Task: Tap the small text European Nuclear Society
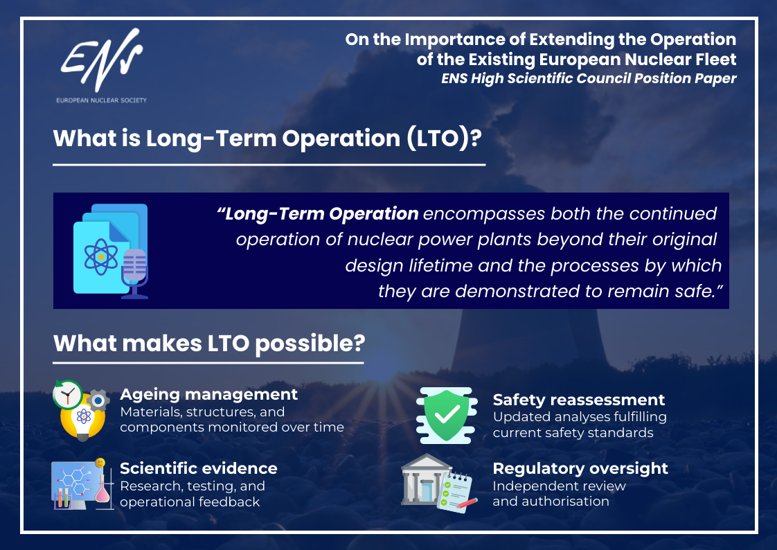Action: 102,100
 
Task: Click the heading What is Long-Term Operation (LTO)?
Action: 267,139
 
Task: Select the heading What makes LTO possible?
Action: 209,344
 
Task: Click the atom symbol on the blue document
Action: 101,257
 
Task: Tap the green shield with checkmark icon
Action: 447,415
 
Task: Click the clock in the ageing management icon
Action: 68,394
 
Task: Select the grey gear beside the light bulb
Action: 98,400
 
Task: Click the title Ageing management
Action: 208,394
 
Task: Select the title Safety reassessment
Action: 579,400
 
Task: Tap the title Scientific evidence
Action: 199,468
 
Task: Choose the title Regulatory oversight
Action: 580,469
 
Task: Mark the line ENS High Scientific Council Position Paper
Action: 589,79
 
